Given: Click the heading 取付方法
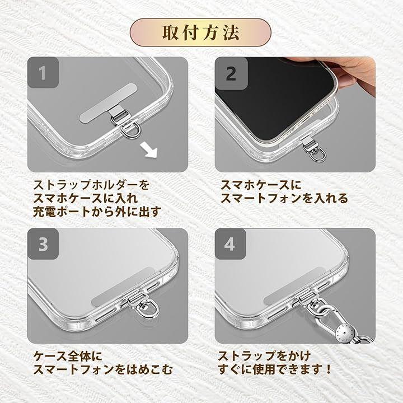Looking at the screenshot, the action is click(x=201, y=32).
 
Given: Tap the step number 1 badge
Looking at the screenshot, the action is click(x=43, y=73).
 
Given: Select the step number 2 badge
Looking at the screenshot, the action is click(x=231, y=73).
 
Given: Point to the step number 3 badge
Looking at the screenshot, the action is click(x=43, y=244).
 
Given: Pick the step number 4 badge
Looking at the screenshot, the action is click(x=230, y=244).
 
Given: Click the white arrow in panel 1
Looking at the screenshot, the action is click(x=149, y=151).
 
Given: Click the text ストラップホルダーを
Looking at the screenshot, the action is click(x=91, y=185).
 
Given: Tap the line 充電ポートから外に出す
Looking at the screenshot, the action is click(x=97, y=212).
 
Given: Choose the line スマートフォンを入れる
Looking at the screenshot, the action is click(x=284, y=198).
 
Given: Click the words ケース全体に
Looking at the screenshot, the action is click(x=68, y=356).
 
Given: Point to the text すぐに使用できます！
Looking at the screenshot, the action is click(x=275, y=369).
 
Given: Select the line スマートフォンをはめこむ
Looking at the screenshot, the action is click(x=103, y=369).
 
